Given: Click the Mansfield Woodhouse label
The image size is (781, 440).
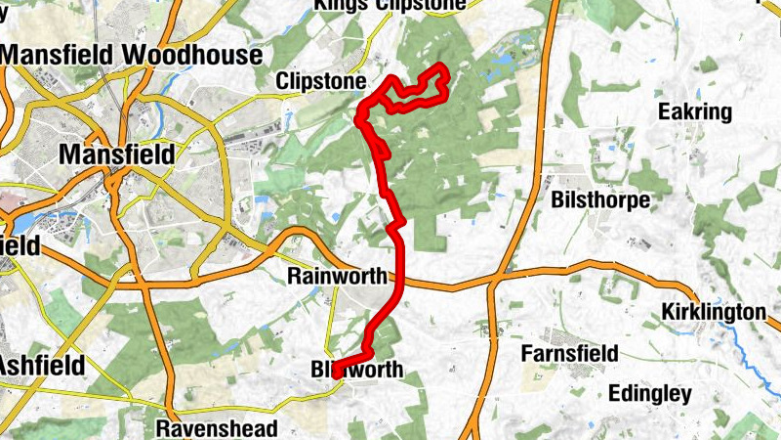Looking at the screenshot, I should click(x=133, y=54).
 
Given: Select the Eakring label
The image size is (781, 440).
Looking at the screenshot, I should click(x=695, y=111).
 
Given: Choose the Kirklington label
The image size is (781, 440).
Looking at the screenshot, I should click(x=714, y=312).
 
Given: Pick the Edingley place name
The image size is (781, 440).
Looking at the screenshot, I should click(x=649, y=394).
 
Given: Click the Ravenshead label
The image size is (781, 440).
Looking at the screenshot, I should click(x=217, y=427).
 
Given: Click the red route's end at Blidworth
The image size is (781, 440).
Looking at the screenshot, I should click(x=336, y=373).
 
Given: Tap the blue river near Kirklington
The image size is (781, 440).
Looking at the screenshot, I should click(x=752, y=352).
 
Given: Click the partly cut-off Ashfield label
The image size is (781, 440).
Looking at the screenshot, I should click(x=41, y=364).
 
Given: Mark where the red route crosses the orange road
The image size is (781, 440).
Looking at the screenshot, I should click(x=401, y=282).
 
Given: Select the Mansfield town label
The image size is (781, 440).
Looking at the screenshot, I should click(x=117, y=154).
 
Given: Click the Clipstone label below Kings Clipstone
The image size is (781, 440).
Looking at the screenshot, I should click(x=321, y=80).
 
